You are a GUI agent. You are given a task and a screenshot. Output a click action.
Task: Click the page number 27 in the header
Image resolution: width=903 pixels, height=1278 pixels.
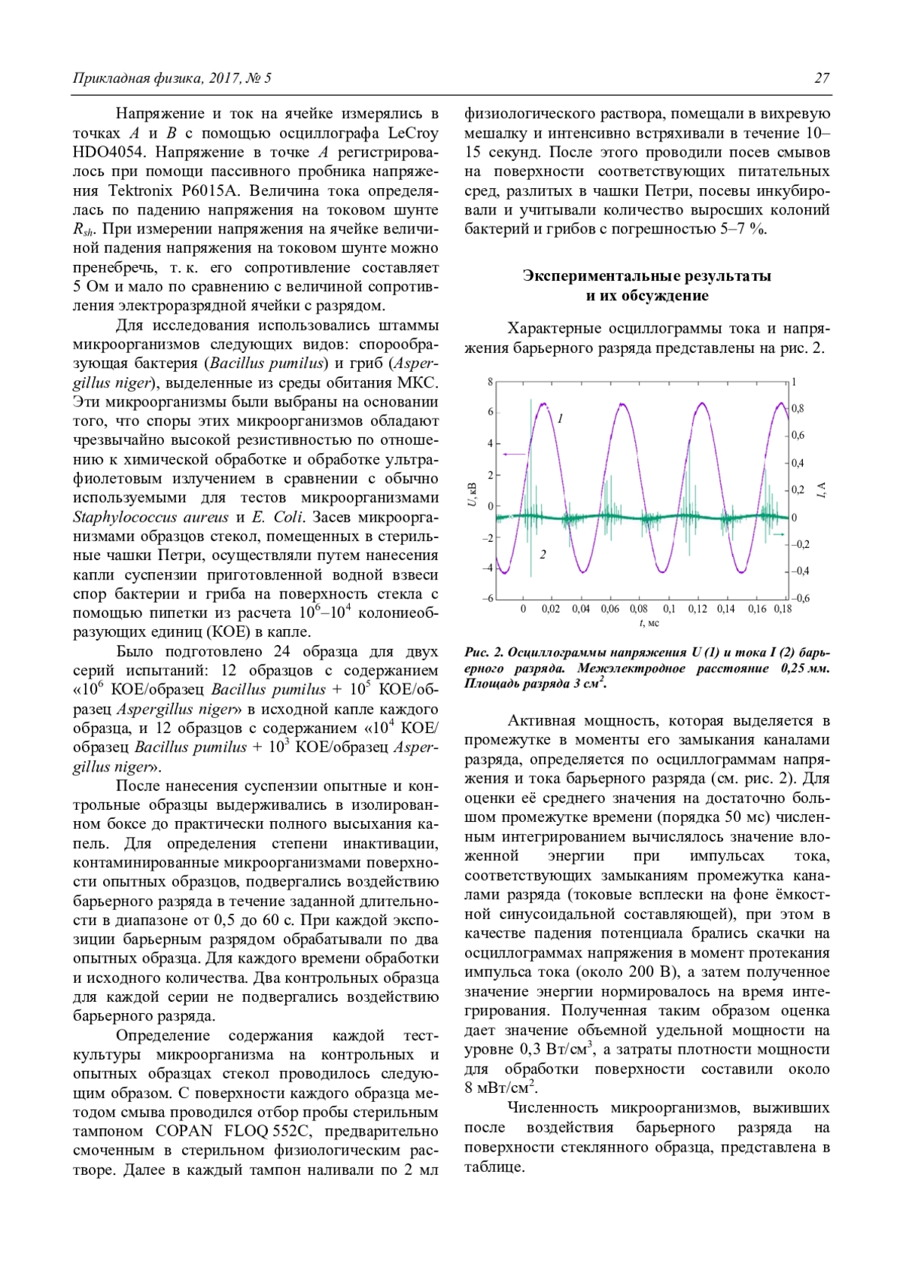click(822, 78)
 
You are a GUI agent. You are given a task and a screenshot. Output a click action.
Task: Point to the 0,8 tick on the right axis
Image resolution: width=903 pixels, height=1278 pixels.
click(798, 409)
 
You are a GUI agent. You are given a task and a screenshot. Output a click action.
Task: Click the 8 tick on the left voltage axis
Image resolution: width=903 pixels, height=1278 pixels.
click(490, 382)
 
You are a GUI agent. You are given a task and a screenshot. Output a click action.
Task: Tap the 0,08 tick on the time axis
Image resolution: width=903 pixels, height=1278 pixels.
click(638, 609)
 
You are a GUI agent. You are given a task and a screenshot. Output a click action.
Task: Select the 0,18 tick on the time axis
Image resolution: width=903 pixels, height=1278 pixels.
click(783, 609)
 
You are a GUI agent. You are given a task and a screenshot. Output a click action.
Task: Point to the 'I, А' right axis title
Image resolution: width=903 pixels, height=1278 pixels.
click(822, 490)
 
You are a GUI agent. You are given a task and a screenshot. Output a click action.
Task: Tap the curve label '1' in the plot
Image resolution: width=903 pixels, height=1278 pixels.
click(561, 418)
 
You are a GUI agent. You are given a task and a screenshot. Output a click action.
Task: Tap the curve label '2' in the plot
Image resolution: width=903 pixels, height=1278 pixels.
click(543, 555)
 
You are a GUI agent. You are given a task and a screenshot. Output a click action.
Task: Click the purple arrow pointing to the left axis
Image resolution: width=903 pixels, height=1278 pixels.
click(515, 454)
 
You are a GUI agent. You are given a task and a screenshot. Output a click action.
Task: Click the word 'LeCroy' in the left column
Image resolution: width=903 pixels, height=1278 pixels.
click(412, 134)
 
